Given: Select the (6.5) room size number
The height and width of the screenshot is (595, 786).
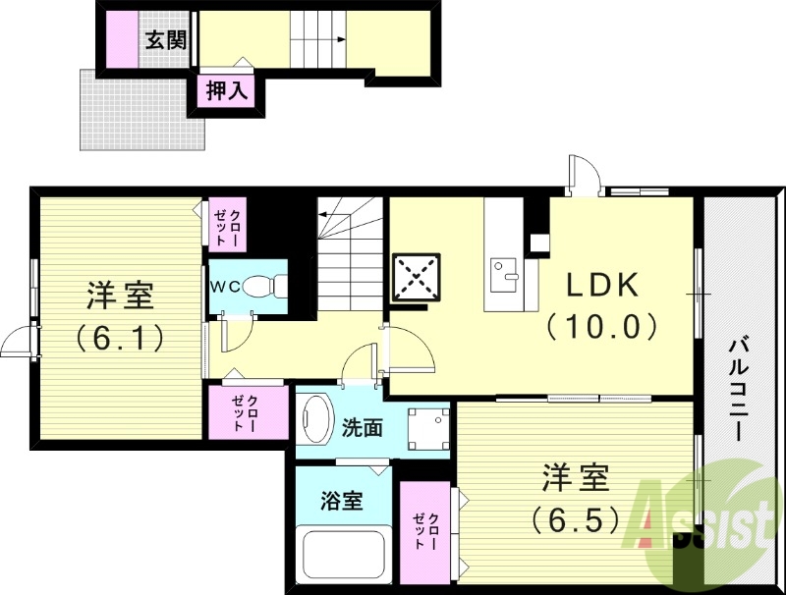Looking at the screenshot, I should tap(577, 517).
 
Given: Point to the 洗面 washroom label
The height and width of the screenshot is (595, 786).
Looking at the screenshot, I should tap(363, 429).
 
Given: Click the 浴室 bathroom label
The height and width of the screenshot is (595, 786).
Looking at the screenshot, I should tap(342, 500).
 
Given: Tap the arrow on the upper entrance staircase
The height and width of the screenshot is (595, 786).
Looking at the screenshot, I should tap(340, 40).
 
